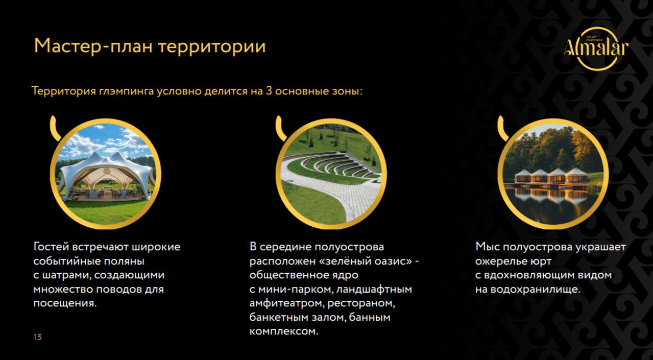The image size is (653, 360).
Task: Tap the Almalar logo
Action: pyautogui.click(x=596, y=49)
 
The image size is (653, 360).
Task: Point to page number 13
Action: pyautogui.click(x=37, y=337)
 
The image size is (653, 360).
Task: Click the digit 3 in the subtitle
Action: pyautogui.click(x=269, y=91)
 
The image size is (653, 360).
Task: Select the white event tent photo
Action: pyautogui.click(x=106, y=174)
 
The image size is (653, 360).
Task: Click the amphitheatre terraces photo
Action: pyautogui.click(x=331, y=174)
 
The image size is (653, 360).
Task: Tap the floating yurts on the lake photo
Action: pyautogui.click(x=553, y=174)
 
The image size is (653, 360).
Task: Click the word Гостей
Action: pyautogui.click(x=51, y=247)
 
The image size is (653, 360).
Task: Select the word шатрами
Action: pyautogui.click(x=66, y=275)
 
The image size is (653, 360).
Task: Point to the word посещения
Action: pyautogui.click(x=65, y=303)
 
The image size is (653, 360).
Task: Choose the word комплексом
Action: pyautogui.click(x=284, y=331)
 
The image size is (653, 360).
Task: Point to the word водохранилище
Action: pyautogui.click(x=536, y=290)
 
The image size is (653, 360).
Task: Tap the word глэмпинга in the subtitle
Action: pyautogui.click(x=126, y=91)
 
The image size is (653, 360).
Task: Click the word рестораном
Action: pyautogui.click(x=361, y=303)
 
